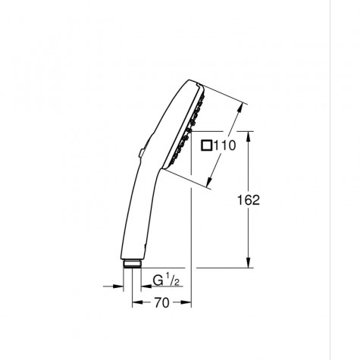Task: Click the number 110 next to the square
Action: tap(226, 146)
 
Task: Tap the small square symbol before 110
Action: tap(208, 146)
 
